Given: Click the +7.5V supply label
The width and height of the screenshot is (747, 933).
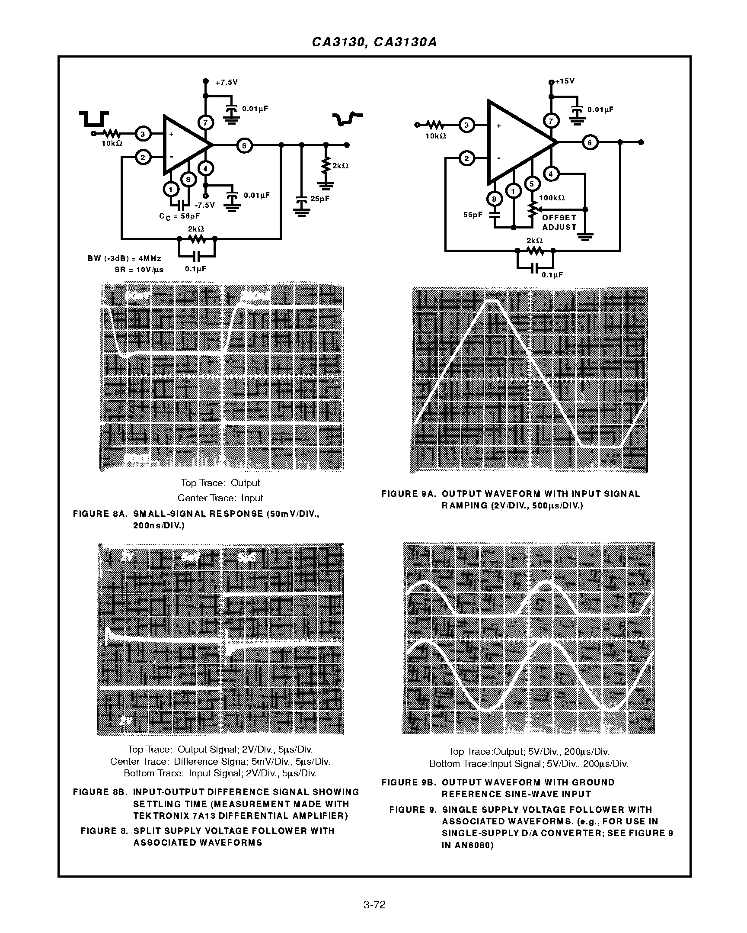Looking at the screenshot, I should coord(227,82).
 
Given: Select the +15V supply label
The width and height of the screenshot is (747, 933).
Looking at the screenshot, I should coord(565,81).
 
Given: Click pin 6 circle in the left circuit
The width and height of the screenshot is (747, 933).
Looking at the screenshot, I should coord(244,146).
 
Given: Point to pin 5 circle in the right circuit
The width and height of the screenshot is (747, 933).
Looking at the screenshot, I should coord(532,184).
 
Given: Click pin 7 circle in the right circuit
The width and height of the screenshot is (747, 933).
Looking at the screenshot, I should coord(551,121).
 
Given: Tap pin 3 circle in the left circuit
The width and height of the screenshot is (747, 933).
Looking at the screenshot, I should coord(143,134).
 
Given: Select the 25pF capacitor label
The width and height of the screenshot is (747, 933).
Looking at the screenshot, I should coord(319,199).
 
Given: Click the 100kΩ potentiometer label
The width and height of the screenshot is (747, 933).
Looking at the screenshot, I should coord(552,198).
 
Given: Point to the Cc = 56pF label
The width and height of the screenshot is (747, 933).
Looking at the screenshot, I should coord(179,216).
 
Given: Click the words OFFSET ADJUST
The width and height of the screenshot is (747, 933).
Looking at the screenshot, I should coord(559,222).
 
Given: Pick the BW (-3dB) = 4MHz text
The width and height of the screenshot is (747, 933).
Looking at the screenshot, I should coord(124,258).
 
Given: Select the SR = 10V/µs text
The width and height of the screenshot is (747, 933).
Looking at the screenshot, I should coord(139,269).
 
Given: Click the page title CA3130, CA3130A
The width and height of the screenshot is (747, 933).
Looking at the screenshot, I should coord(374,42).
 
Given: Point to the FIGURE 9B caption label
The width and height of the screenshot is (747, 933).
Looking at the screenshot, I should coord(409,782).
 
